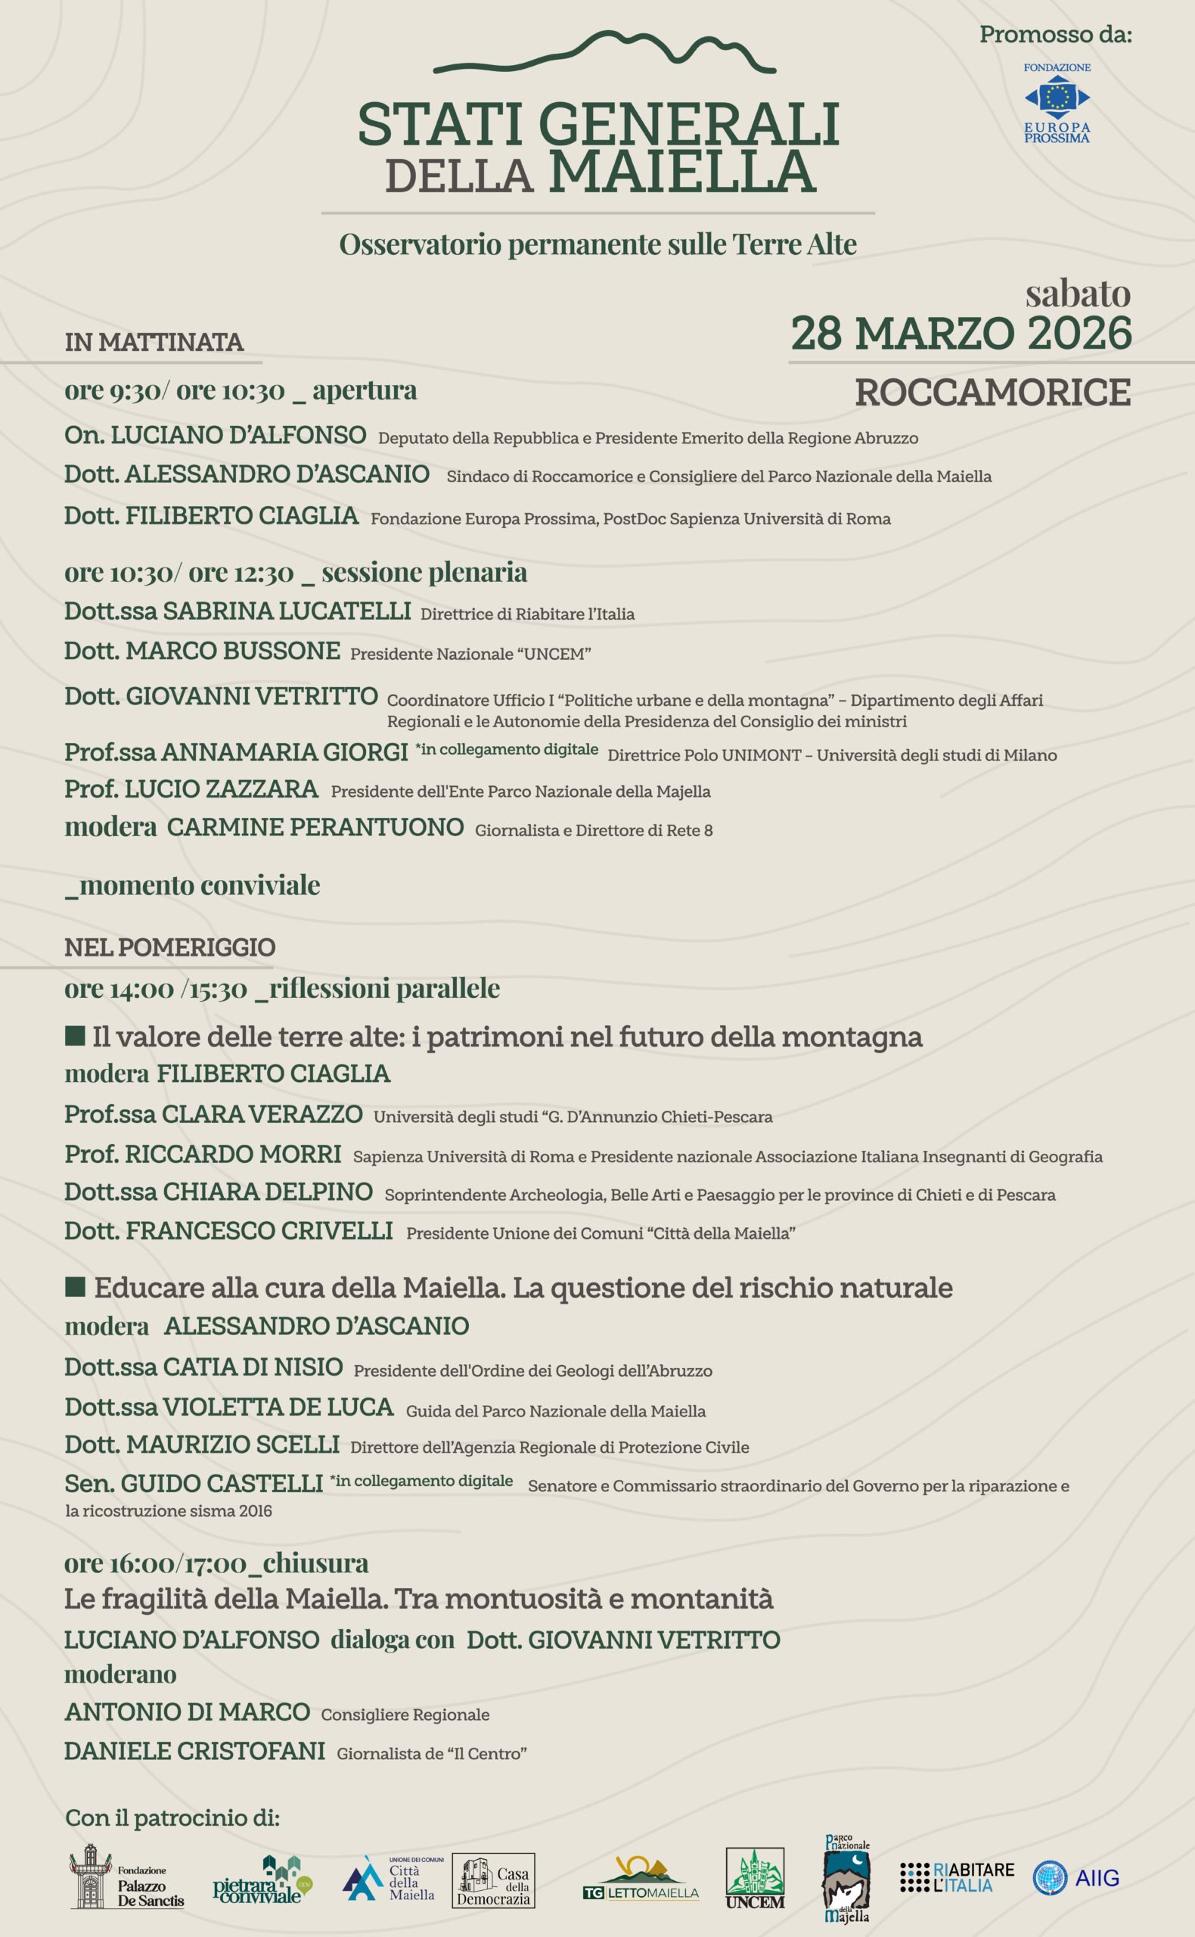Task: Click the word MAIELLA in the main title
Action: point(681,172)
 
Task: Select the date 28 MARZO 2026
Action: point(961,334)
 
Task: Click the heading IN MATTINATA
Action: point(154,342)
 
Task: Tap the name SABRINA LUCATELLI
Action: point(286,611)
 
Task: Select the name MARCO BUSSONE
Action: point(232,651)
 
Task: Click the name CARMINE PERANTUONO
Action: point(315,827)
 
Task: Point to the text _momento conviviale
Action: point(192,885)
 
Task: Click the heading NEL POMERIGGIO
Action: point(170,947)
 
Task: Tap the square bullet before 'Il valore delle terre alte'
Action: point(75,1036)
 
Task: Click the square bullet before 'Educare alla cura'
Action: point(75,1288)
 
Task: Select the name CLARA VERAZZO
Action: point(262,1114)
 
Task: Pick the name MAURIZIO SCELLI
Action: point(232,1444)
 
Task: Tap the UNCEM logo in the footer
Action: point(755,1878)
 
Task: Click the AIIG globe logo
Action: point(1050,1878)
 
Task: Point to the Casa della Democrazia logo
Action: point(494,1879)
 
